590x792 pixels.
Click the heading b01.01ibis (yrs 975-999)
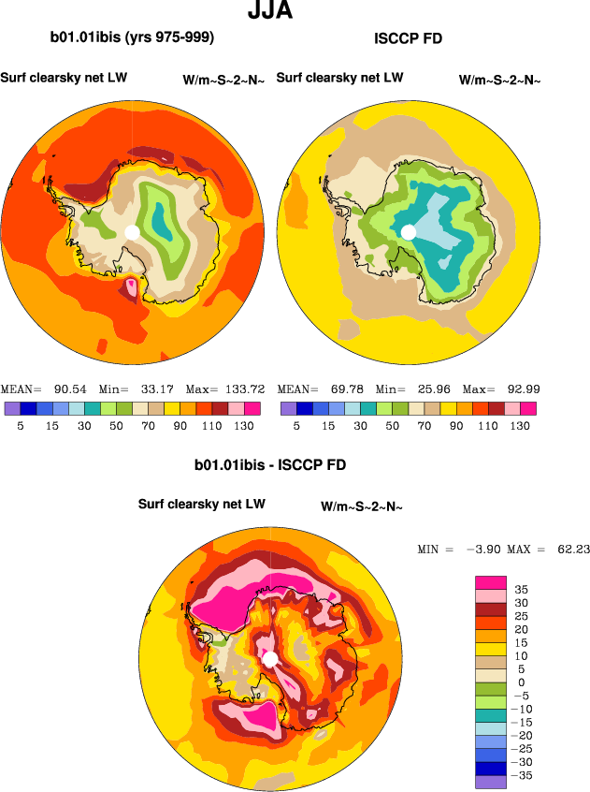[x=133, y=37]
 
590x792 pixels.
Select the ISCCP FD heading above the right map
[x=408, y=38]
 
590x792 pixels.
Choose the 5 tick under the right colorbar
[x=296, y=426]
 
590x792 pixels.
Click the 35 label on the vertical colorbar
[x=522, y=590]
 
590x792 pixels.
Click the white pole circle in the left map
[x=132, y=231]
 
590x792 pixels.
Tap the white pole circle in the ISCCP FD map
[x=408, y=231]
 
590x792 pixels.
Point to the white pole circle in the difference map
[x=270, y=660]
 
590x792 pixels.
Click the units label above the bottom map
[x=361, y=506]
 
